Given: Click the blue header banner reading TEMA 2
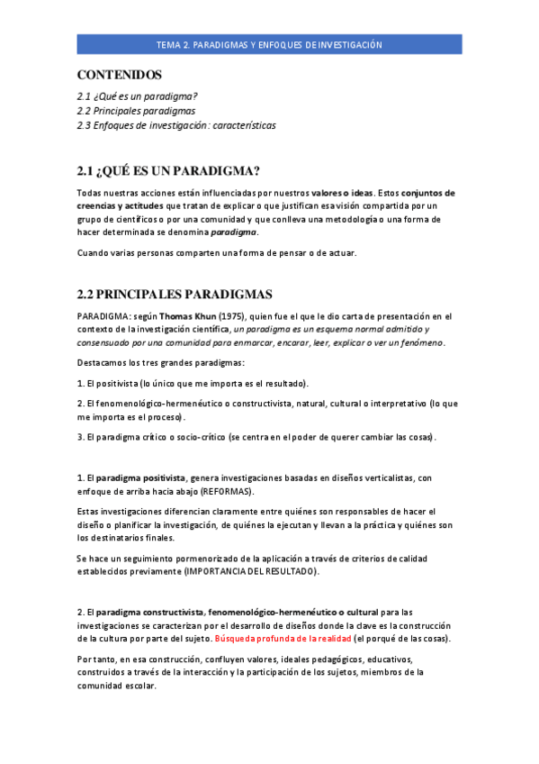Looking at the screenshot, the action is [269, 44].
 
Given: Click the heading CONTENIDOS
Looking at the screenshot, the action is [119, 75].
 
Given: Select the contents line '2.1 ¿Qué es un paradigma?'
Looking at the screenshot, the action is [137, 95].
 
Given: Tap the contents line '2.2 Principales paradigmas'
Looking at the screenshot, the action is [136, 111].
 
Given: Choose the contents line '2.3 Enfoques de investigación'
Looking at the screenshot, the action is [176, 125].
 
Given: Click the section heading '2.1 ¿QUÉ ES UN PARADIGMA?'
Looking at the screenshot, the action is [168, 171].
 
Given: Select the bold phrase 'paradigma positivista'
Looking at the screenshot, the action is [140, 477].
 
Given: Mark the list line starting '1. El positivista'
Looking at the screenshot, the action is [193, 383].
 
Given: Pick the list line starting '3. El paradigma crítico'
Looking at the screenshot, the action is [256, 437].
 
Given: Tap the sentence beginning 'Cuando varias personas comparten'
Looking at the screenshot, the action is [217, 252].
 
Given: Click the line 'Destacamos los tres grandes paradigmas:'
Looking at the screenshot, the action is [160, 362].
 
